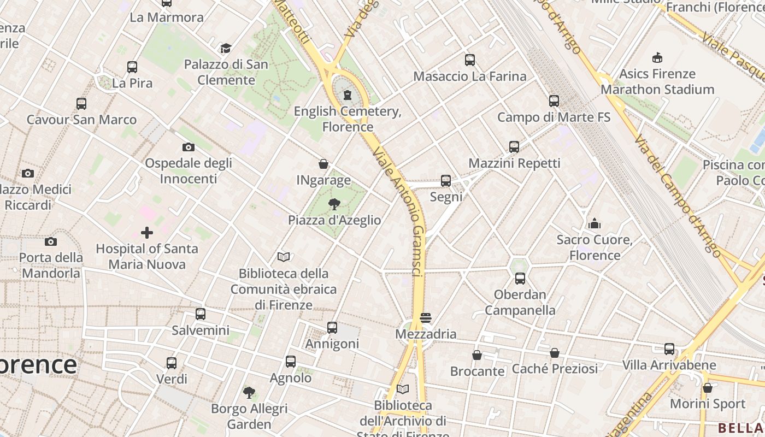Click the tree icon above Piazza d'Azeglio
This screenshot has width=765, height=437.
tap(334, 204)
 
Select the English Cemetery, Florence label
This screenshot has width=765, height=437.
tap(348, 119)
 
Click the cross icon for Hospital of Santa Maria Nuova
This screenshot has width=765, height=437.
tap(146, 233)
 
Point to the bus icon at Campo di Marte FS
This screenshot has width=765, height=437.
tap(554, 101)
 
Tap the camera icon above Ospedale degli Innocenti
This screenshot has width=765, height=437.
tap(189, 147)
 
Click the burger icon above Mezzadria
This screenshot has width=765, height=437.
tap(426, 318)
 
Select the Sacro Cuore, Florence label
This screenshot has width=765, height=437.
tap(595, 247)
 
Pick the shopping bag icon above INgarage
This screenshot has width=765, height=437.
tap(323, 164)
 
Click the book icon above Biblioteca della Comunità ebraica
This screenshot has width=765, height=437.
tap(283, 257)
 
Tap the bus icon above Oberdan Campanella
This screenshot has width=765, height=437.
tap(520, 279)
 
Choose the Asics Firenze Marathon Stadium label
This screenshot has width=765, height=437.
tap(657, 81)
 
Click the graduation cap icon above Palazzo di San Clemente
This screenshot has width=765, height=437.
tap(226, 49)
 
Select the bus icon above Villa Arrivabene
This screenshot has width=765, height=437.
tap(669, 349)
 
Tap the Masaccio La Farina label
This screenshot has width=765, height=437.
tap(470, 76)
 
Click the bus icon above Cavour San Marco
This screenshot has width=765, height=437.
tap(81, 104)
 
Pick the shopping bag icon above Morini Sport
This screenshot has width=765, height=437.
tap(708, 388)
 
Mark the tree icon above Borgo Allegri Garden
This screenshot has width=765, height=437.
tap(249, 392)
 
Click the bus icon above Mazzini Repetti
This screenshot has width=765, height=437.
tap(514, 147)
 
